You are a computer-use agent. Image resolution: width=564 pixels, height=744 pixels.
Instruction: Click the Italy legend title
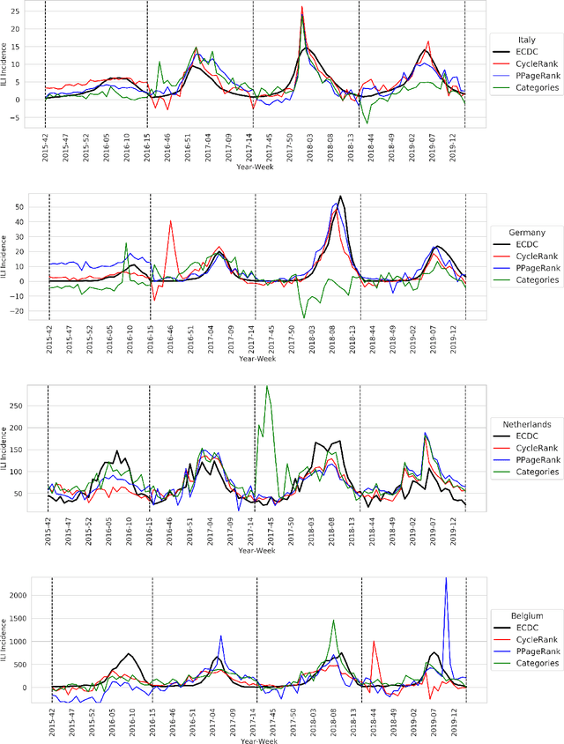coord(526,40)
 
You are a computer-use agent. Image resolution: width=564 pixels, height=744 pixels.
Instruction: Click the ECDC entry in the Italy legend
coord(529,52)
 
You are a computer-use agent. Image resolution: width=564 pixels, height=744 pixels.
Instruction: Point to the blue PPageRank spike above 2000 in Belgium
coord(445,578)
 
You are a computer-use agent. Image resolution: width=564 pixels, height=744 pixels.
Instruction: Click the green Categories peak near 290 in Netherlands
coord(267,386)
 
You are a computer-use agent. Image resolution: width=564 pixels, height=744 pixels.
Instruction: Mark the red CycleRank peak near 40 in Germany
coord(171,221)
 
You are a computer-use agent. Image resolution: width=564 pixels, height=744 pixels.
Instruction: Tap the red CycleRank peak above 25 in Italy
coord(301,7)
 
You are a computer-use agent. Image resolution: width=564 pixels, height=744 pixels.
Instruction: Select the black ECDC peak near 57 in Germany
coord(340,197)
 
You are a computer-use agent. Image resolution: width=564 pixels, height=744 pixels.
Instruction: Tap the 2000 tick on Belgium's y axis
coord(22,595)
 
